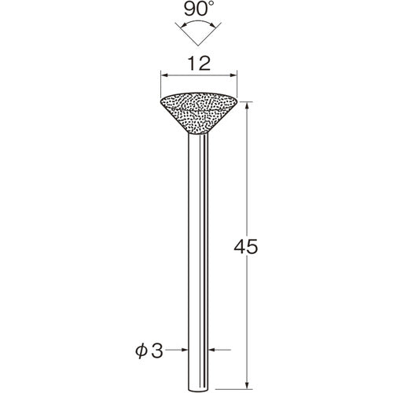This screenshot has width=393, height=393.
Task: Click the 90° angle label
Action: click(198, 9)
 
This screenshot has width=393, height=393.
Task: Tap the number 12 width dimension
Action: click(199, 64)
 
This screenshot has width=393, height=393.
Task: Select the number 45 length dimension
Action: click(246, 247)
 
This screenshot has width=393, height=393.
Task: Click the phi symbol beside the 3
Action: click(141, 351)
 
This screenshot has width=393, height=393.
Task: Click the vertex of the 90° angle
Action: click(198, 46)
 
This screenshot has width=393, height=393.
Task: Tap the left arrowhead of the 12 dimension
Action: click(164, 75)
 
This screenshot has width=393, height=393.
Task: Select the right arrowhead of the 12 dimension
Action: click(233, 75)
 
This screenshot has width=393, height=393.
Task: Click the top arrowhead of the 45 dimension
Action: click(247, 105)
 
